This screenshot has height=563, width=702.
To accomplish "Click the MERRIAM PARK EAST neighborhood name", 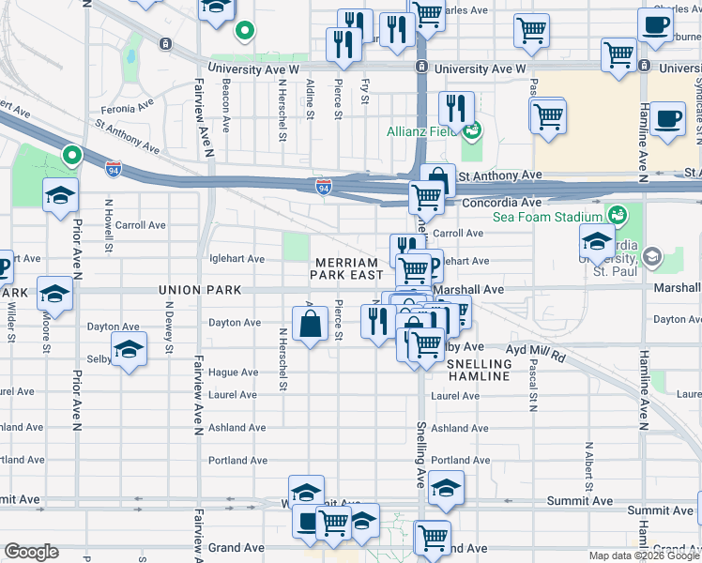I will click(x=348, y=268).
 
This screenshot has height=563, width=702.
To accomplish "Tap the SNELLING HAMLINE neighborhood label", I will click(x=479, y=370).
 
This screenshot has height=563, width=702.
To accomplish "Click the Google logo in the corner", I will click(x=31, y=551).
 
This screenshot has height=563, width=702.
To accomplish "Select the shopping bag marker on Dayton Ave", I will click(x=311, y=326).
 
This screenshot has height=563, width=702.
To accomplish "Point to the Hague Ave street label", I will click(x=235, y=373).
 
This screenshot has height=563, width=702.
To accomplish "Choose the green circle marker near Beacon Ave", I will click(x=244, y=32).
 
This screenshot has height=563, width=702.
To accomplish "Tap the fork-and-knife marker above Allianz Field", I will click(x=458, y=108).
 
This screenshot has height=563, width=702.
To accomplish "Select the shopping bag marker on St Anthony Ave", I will click(x=437, y=179).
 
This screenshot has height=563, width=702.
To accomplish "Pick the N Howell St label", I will click(x=110, y=226).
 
